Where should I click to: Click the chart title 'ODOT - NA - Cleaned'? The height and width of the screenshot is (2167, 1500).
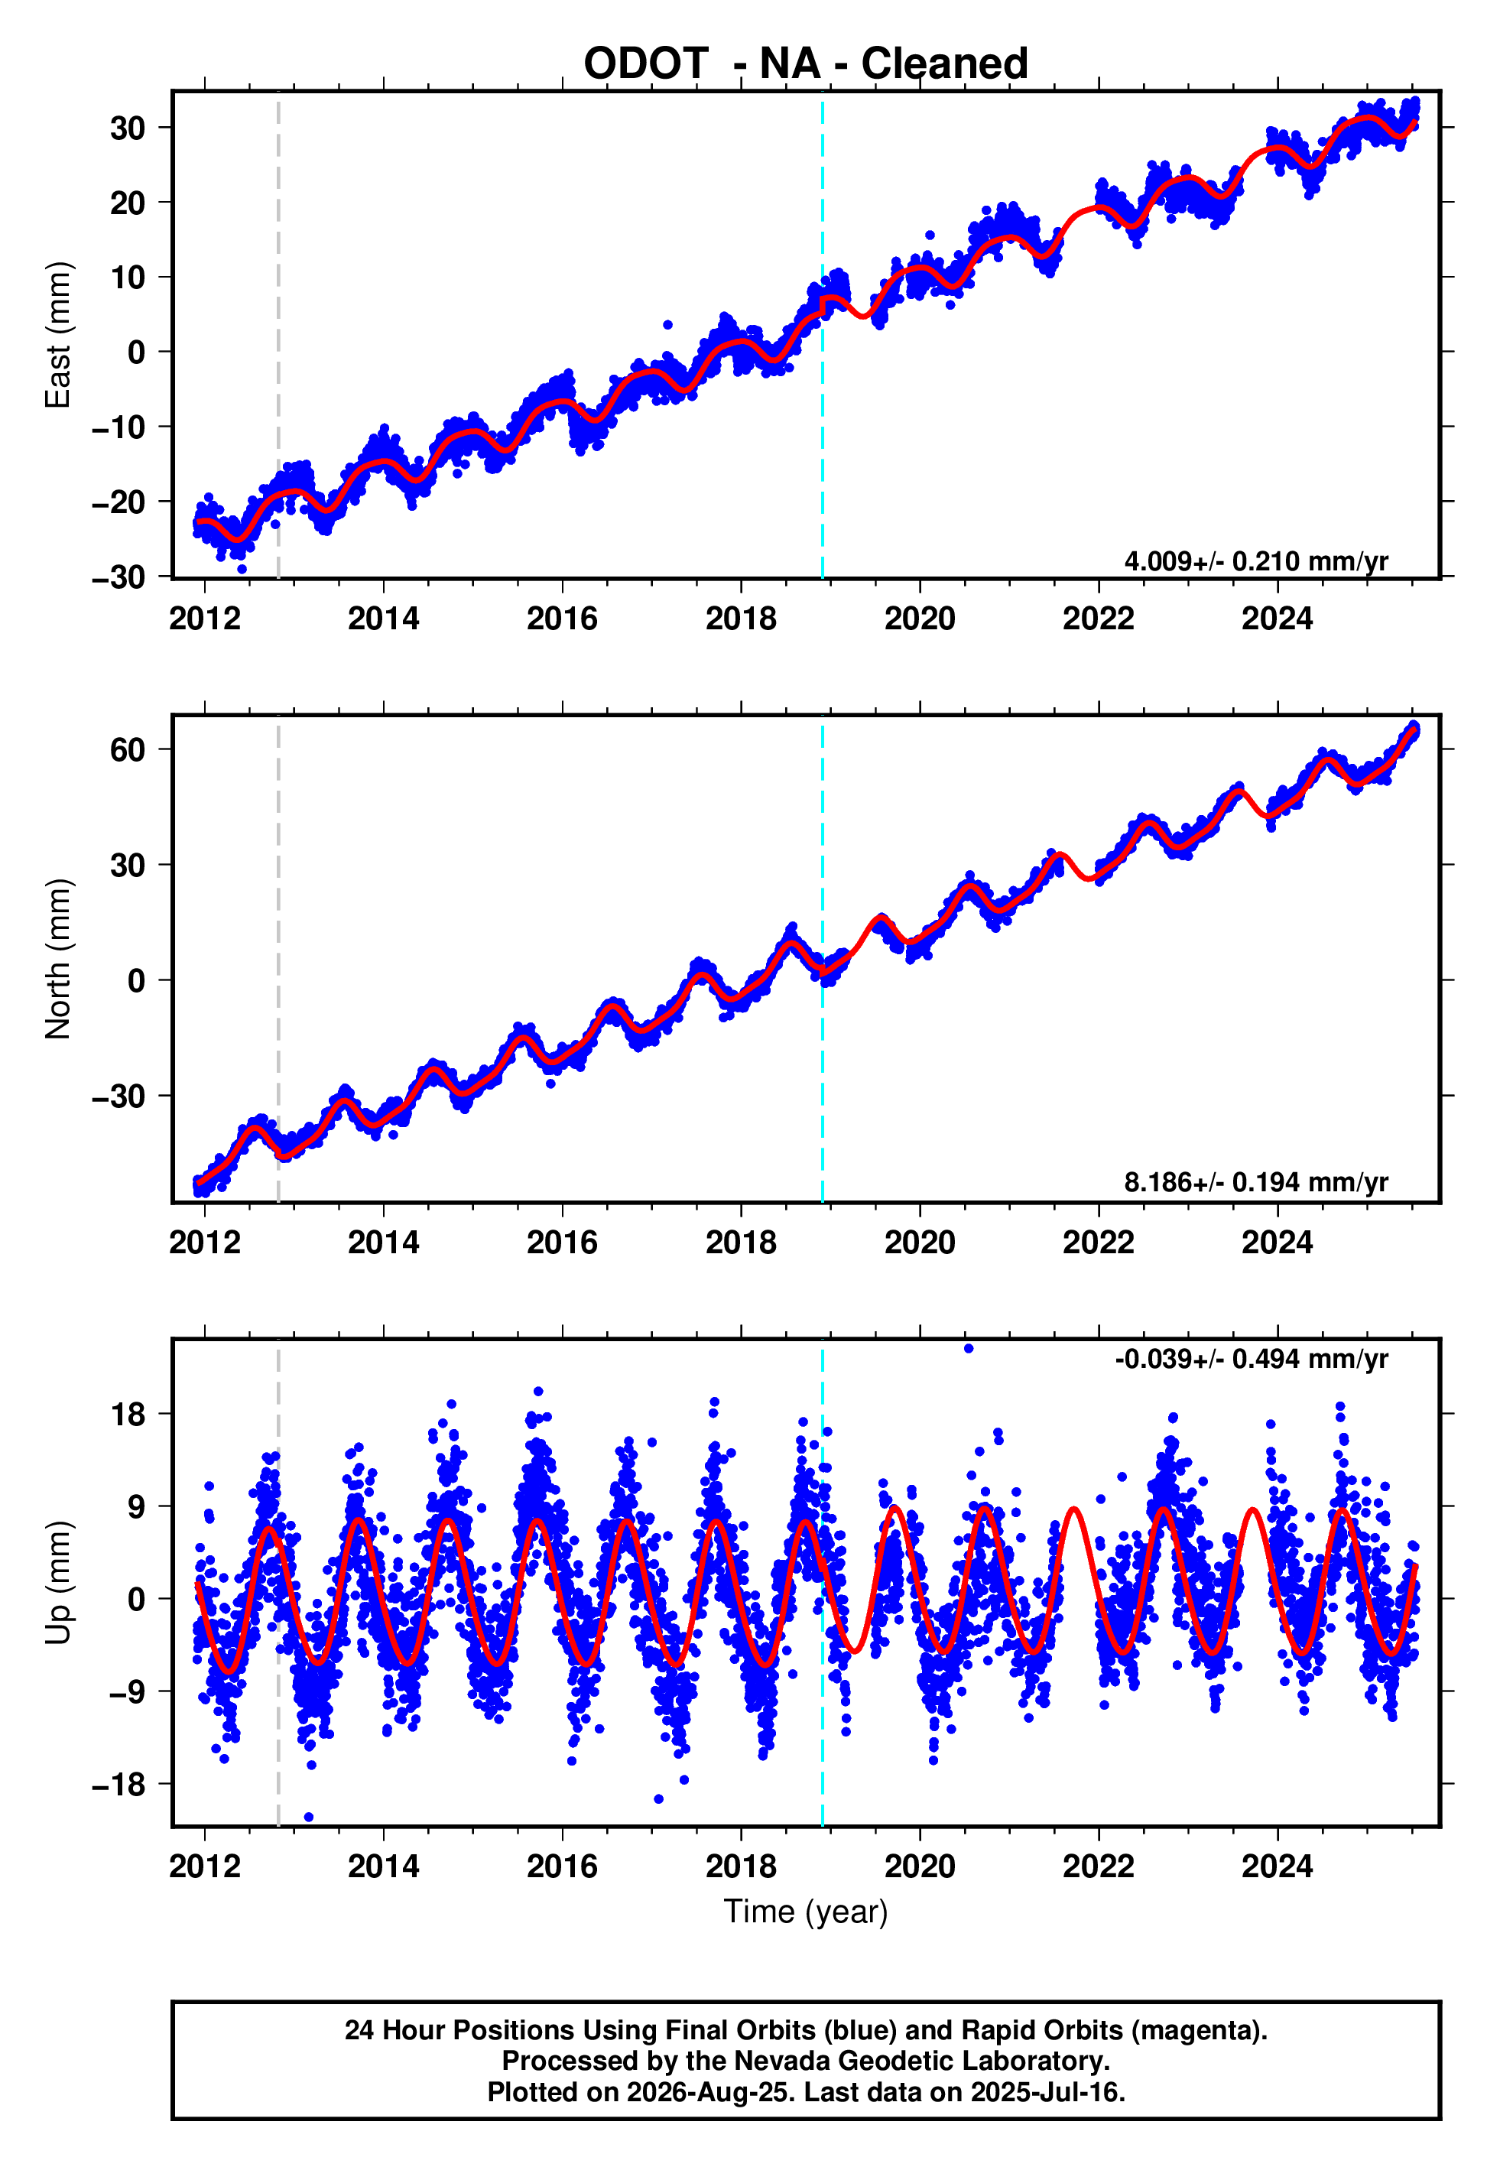pos(806,64)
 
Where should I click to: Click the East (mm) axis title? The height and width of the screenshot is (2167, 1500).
pos(57,335)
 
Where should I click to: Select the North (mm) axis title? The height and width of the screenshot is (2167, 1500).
pos(57,959)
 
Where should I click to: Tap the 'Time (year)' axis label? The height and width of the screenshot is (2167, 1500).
pos(806,1912)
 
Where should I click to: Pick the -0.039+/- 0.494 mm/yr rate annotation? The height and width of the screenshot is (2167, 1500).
pos(1251,1359)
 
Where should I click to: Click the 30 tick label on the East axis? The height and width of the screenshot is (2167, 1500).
pos(127,128)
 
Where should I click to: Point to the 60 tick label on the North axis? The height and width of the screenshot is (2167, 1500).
pos(127,750)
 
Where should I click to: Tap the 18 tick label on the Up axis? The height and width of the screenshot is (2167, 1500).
pos(128,1415)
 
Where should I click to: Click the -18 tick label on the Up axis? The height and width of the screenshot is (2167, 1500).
pos(119,1785)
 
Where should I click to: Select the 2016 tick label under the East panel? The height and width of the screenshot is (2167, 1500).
pos(562,619)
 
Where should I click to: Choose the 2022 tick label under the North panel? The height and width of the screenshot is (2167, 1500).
pos(1099,1243)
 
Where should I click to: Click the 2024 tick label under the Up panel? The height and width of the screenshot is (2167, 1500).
pos(1278,1866)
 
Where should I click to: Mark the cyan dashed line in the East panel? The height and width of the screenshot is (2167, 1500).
pos(823,335)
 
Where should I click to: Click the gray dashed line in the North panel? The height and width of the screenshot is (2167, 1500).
pos(278,959)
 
